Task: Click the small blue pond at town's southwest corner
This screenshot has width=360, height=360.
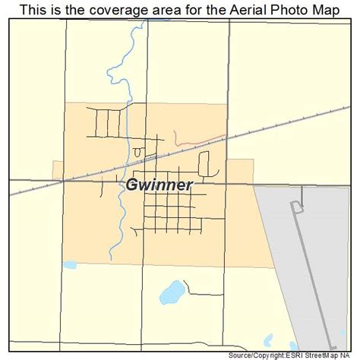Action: coord(70,266)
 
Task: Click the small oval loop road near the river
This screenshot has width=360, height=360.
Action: coord(138,153)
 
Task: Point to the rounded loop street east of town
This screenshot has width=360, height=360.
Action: coord(204,163)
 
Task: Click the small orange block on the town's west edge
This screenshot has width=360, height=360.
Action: coord(58,170)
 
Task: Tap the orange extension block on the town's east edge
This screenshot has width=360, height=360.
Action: coord(241,170)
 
